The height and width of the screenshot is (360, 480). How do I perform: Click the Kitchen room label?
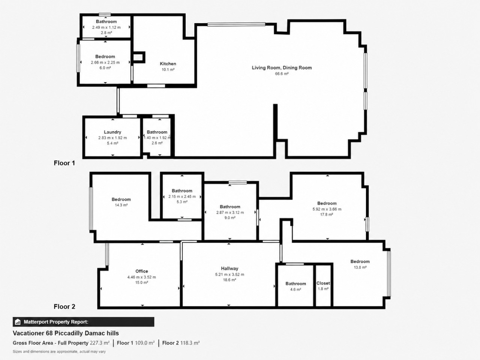click(168, 64)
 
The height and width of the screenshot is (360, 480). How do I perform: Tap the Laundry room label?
click(112, 132)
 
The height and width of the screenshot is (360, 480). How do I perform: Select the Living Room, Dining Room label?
click(282, 68)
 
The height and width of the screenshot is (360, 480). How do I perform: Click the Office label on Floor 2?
click(142, 271)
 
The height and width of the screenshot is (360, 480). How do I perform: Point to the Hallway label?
click(229, 268)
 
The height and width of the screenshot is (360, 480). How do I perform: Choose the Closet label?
click(323, 283)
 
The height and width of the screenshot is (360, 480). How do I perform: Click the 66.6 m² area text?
click(282, 74)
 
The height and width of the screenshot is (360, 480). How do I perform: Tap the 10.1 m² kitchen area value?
click(168, 70)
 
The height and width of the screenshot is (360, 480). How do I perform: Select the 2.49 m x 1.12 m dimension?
click(106, 27)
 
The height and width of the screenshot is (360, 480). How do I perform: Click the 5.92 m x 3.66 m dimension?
click(327, 209)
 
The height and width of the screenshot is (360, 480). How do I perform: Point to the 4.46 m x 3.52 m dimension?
click(142, 277)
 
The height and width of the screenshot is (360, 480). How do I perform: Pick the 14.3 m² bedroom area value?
click(121, 205)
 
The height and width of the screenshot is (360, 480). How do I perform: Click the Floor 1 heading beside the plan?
click(64, 163)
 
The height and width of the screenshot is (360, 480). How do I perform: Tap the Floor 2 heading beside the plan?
click(64, 307)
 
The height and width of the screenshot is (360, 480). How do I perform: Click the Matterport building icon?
click(18, 322)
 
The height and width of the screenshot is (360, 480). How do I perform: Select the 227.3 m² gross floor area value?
click(99, 343)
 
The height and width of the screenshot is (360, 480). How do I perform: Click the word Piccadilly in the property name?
click(69, 333)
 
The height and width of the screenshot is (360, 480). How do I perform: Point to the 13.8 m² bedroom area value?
click(360, 267)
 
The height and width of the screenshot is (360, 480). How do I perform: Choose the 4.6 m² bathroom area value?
click(295, 289)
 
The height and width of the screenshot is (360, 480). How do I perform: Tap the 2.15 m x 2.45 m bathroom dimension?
click(182, 197)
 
